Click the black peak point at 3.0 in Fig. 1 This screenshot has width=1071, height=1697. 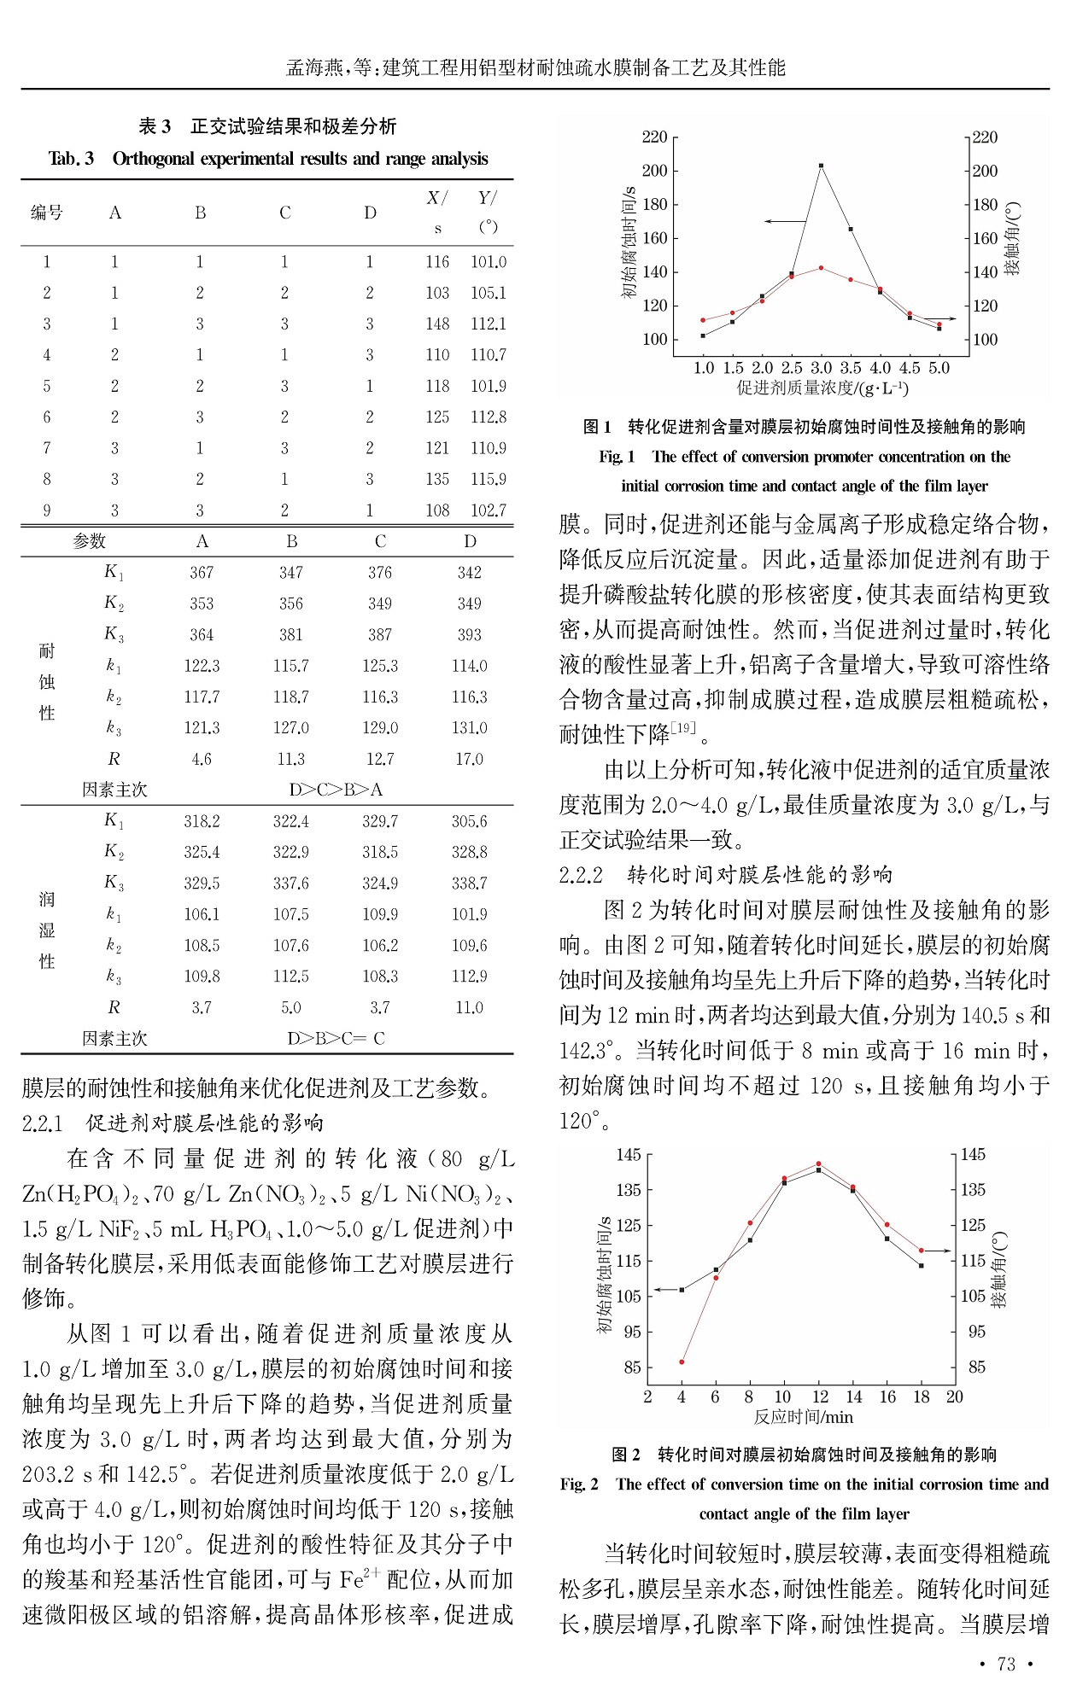click(821, 166)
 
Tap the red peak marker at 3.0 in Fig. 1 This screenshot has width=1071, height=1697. click(821, 268)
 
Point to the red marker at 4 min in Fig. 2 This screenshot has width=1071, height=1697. click(682, 1362)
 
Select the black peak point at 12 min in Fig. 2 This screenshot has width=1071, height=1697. click(818, 1170)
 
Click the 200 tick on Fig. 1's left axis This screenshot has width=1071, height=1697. click(655, 171)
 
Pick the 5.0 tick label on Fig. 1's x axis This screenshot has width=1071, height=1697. click(939, 368)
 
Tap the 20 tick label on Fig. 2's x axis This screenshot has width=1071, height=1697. click(954, 1397)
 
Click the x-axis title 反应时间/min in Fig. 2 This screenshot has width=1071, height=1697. click(803, 1417)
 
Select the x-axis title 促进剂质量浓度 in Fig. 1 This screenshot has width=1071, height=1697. click(822, 388)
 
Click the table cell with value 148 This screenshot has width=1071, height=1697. click(437, 324)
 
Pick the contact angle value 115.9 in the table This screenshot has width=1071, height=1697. click(489, 480)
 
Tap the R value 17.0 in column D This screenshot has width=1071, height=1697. click(469, 759)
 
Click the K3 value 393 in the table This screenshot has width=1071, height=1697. click(469, 634)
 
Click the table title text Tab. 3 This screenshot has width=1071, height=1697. click(71, 159)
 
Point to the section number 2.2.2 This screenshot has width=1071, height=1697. click(581, 875)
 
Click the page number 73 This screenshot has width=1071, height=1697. click(1006, 1664)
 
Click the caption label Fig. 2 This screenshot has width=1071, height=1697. click(579, 1484)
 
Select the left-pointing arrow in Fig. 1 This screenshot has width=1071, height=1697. click(784, 222)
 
